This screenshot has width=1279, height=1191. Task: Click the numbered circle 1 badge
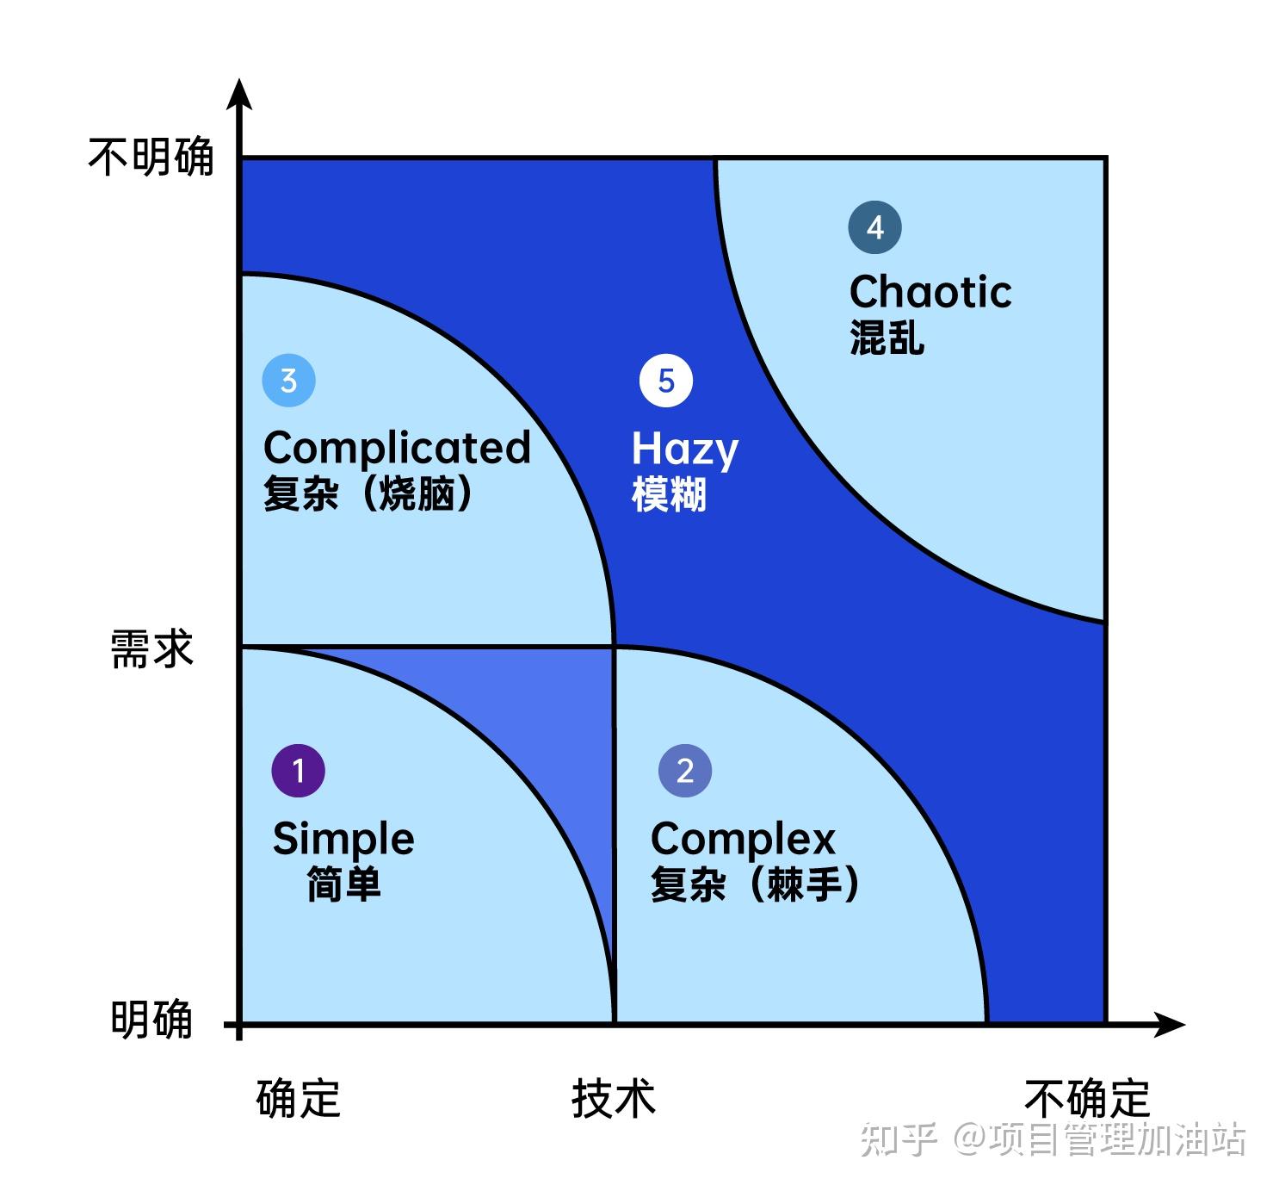pos(298,770)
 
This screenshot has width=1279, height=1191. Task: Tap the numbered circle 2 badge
pos(684,770)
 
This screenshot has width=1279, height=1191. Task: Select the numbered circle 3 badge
pos(288,380)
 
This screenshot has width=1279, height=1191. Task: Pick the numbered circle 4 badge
pos(874,227)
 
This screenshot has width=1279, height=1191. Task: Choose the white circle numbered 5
pos(665,381)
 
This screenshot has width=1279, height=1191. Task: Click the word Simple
pos(343,839)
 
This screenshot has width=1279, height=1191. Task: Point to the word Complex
pos(743,839)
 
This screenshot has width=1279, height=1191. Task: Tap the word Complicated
pos(397,448)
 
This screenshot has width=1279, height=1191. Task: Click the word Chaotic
pos(930,291)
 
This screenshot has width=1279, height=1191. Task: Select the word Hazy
pos(684,449)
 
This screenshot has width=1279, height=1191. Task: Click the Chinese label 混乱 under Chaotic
pos(887,337)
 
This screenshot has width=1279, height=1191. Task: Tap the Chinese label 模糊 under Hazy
pos(669,494)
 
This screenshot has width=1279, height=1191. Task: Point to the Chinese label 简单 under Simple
pos(343,884)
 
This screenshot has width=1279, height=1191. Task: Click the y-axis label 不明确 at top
pos(151,158)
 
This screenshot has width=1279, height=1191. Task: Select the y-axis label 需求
pos(151,648)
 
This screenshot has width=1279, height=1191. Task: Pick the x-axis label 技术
pos(613,1098)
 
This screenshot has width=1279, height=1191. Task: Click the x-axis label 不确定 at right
pos(1086,1098)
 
